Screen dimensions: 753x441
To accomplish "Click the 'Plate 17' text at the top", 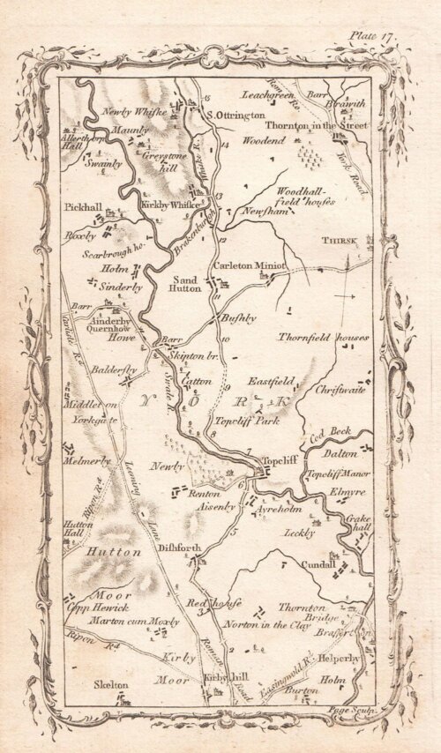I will tap(375, 35).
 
